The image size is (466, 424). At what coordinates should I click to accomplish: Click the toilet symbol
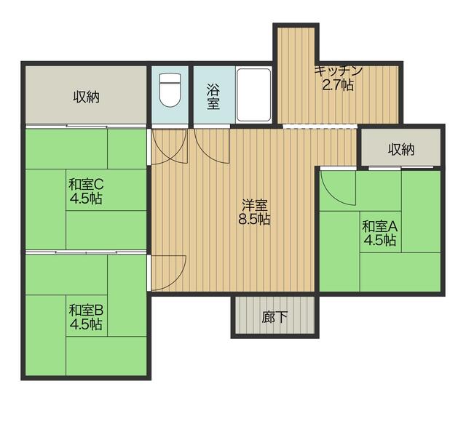coord(170,90)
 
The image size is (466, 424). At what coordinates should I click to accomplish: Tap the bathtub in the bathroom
coord(254,95)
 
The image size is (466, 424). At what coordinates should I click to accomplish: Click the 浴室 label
coord(213,97)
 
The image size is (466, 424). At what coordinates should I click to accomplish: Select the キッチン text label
coord(339,71)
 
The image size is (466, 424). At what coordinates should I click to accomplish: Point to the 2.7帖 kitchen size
coord(338,85)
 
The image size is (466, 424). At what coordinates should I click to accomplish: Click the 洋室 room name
coord(254,205)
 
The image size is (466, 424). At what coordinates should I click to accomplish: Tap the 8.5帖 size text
coord(254,220)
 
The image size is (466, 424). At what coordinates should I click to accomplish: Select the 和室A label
coord(380,227)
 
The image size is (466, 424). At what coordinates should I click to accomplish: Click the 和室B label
coord(86,311)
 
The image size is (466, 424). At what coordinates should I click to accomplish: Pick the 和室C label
coord(86,185)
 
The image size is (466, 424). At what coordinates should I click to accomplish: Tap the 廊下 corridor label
coord(275,317)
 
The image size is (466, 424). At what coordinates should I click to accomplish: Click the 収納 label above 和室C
coord(86,97)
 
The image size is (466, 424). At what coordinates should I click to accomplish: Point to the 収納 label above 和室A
coord(401,149)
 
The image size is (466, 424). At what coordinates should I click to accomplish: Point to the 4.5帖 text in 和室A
coord(380,240)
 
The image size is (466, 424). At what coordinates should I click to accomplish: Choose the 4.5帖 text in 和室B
coord(86,324)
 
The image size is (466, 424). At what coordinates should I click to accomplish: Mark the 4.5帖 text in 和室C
coord(86,198)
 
